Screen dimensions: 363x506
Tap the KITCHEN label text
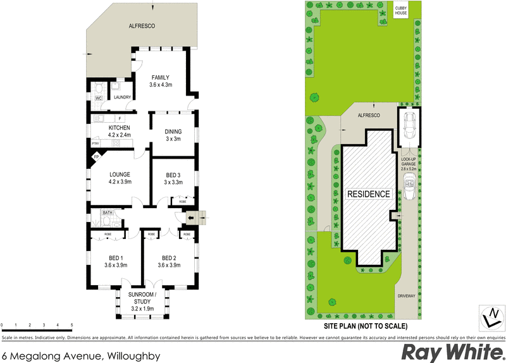119,128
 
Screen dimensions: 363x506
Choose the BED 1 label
116,258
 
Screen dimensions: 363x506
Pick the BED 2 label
168,258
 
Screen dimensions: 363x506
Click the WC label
99,99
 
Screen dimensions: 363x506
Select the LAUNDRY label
121,97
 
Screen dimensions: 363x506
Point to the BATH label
108,213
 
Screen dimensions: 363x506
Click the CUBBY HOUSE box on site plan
401,11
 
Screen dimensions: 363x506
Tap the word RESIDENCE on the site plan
368,194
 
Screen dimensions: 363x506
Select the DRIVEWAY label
406,295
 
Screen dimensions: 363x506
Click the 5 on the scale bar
72,325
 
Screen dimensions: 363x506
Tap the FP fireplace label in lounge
97,157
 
